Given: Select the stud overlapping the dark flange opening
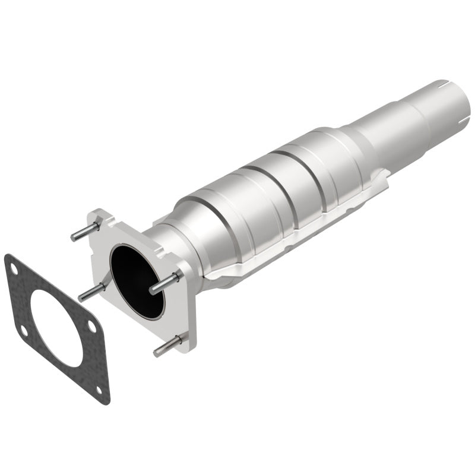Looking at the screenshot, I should click(163, 284).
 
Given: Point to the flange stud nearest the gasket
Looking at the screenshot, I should click(90, 291).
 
